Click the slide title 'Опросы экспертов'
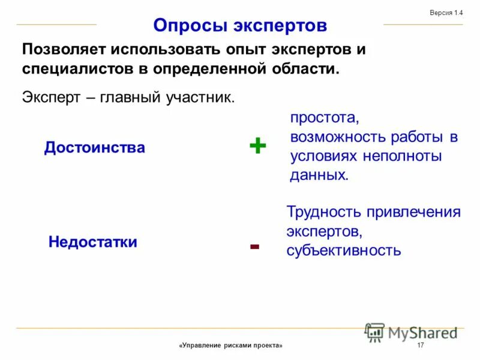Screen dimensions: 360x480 240,26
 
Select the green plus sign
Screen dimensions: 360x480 257,145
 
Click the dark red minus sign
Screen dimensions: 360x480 254,246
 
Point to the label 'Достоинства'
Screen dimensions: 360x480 95,148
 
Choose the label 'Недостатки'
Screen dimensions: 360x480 93,242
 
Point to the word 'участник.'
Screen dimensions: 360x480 201,98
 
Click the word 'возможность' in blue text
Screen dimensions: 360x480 337,137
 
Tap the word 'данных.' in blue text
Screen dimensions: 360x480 319,175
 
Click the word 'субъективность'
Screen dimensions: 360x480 343,250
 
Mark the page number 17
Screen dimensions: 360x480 420,346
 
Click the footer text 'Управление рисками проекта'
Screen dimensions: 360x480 230,346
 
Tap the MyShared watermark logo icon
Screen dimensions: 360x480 375,332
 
